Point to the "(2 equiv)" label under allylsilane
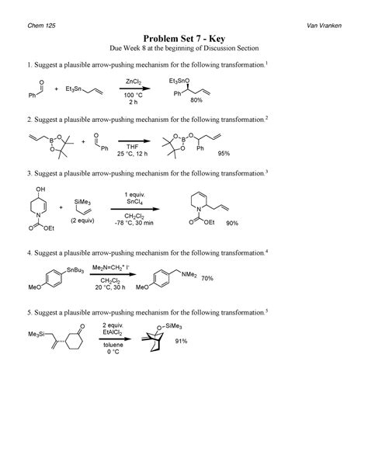[83, 219]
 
